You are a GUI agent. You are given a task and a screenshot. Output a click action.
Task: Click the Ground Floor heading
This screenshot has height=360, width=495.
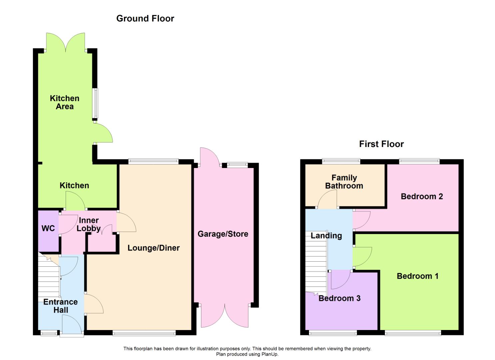click(145, 19)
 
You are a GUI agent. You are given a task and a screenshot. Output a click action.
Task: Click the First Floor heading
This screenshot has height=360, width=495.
click(381, 144)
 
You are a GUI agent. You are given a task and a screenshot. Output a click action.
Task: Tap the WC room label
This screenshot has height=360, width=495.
click(48, 228)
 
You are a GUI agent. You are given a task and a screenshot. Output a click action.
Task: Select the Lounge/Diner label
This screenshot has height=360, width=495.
click(154, 248)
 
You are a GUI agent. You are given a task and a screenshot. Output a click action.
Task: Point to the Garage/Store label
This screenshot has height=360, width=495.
click(223, 234)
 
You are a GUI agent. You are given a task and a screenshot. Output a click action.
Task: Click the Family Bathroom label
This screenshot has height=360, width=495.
click(344, 182)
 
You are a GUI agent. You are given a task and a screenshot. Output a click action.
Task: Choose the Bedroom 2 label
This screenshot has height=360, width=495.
click(422, 196)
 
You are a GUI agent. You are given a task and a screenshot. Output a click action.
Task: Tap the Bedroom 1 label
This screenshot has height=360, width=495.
click(417, 276)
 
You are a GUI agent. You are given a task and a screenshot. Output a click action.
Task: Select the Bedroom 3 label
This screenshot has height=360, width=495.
click(339, 298)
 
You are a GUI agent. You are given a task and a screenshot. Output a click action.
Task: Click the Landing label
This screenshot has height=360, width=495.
click(326, 236)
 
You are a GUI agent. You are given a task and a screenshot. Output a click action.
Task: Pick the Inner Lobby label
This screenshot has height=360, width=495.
click(89, 224)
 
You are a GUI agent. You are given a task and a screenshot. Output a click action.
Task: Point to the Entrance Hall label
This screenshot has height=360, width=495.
click(61, 306)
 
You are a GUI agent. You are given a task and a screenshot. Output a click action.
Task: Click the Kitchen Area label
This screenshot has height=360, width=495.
click(65, 102)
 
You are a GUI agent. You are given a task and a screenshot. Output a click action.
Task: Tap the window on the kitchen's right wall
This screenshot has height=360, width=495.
click(95, 103)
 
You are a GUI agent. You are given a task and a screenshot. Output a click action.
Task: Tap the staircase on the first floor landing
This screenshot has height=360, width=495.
click(316, 264)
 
